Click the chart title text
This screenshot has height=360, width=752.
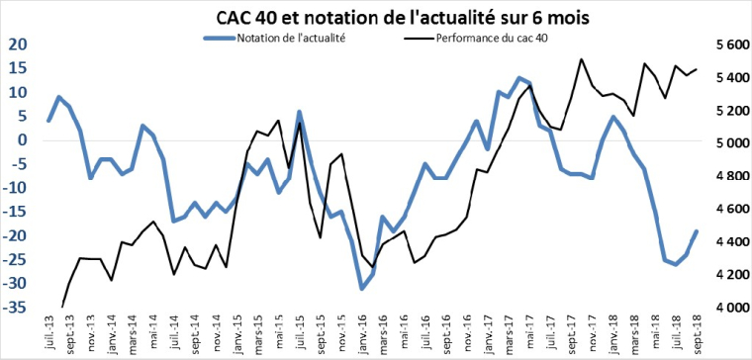click(x=376, y=14)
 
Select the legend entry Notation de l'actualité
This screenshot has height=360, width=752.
click(x=290, y=39)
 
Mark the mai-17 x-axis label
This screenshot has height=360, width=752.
click(x=530, y=336)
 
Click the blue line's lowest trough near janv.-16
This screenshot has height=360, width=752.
click(x=362, y=288)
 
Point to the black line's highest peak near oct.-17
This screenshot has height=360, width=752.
click(x=581, y=59)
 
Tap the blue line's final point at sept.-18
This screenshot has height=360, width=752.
click(x=697, y=231)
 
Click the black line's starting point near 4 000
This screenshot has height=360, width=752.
click(x=61, y=307)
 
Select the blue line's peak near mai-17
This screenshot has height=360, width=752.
click(x=519, y=77)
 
